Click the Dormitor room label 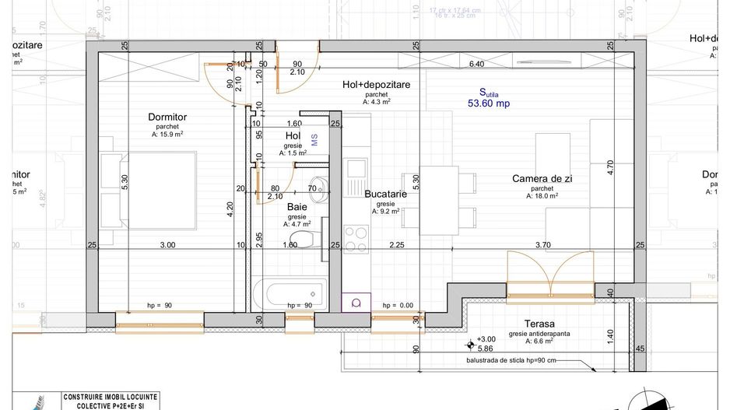[x=167, y=117]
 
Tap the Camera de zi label [x=542, y=179]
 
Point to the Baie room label [x=297, y=208]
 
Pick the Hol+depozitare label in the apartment [x=376, y=84]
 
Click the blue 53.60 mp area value [x=488, y=103]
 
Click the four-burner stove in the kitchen [x=356, y=235]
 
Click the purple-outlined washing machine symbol [x=356, y=303]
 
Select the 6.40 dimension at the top [x=476, y=64]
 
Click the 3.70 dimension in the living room [x=542, y=245]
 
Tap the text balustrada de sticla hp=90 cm [x=511, y=361]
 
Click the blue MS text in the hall [x=315, y=138]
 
